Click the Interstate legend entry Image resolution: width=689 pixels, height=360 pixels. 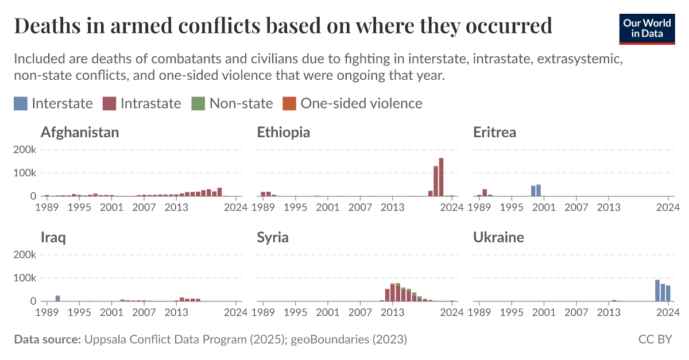point(53,103)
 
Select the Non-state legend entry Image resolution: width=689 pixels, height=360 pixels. point(233,103)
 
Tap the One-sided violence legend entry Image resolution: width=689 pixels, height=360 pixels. point(353,103)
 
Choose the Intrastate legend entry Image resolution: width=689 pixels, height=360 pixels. point(142,103)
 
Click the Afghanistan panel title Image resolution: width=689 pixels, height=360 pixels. point(80,132)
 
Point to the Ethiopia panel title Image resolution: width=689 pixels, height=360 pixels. point(284,132)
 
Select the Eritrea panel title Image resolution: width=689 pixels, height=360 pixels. point(494,132)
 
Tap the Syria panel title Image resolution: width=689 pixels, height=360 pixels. point(273,237)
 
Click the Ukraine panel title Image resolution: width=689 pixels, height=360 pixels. point(498,237)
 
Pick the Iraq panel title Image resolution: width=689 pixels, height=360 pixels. point(53,237)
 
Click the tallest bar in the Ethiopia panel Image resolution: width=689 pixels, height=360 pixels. point(441,177)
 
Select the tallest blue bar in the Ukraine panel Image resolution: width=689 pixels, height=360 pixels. point(657,291)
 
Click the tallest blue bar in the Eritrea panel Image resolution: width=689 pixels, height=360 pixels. point(539,190)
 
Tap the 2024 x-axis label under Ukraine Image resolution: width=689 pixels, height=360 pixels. point(668,312)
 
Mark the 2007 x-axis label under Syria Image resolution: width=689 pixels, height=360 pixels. point(360,312)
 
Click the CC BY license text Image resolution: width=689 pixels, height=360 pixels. point(655,339)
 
